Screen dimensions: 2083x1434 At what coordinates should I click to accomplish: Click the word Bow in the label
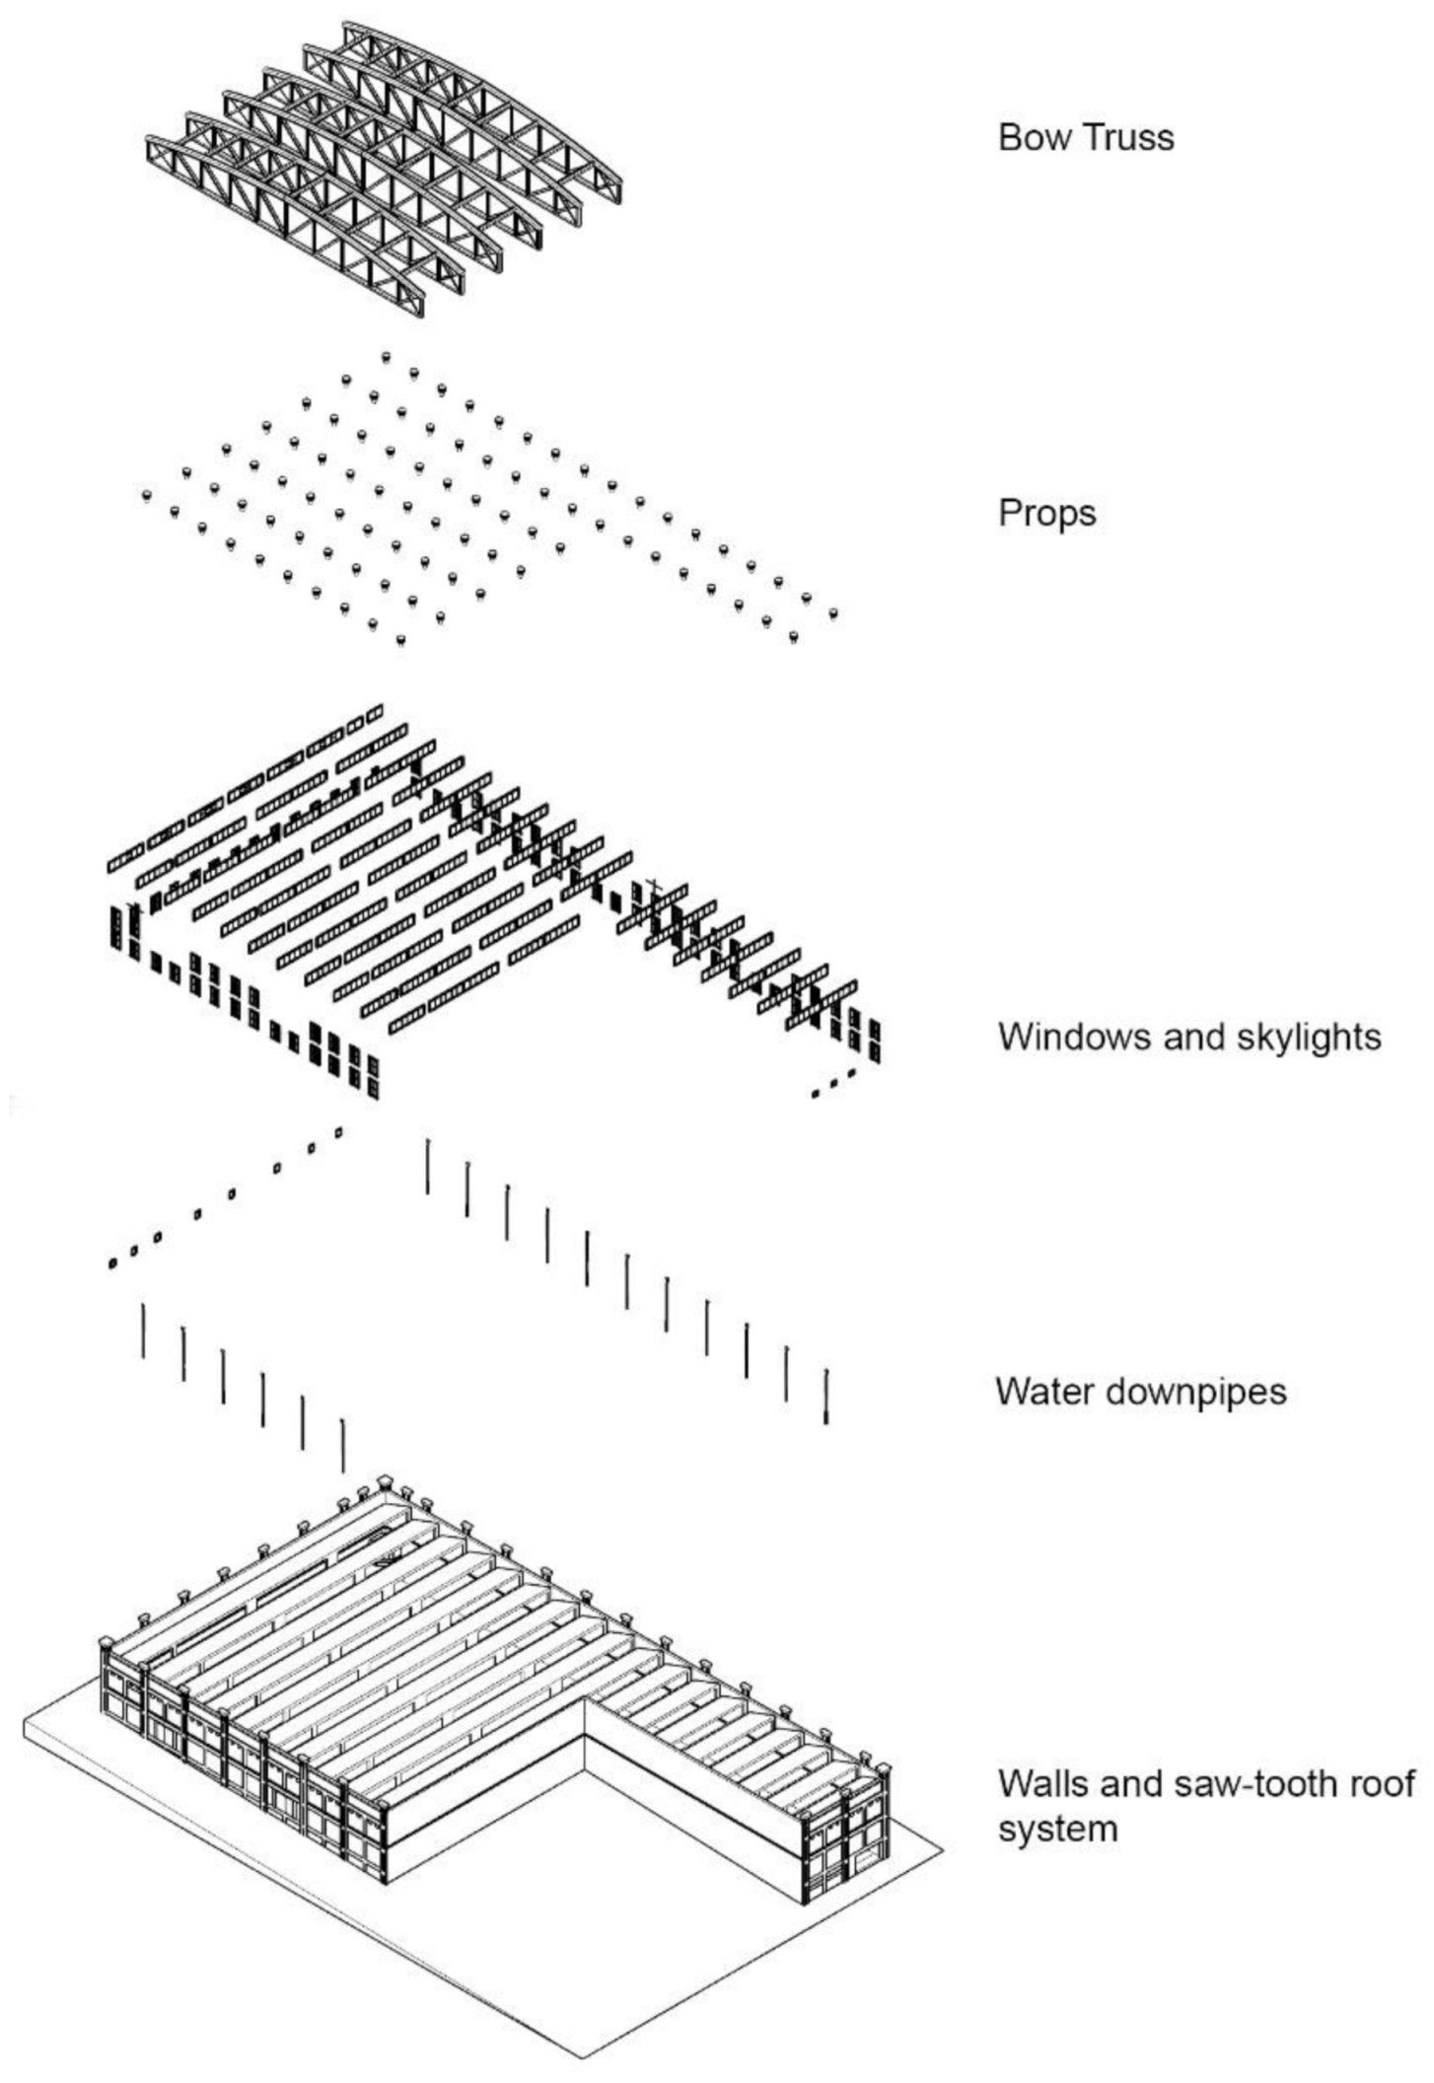tap(1027, 137)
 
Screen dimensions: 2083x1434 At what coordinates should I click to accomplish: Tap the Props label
tap(1046, 514)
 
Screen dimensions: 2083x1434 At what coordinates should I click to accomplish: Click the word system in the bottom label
tap(1057, 1830)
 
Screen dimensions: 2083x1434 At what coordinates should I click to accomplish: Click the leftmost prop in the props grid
tap(147, 494)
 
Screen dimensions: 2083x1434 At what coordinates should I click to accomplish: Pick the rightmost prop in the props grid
tap(833, 613)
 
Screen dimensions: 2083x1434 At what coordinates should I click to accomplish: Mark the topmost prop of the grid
tap(386, 355)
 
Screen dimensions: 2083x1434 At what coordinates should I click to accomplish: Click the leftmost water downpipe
tap(143, 1330)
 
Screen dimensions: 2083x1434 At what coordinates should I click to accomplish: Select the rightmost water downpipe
tap(826, 1397)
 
